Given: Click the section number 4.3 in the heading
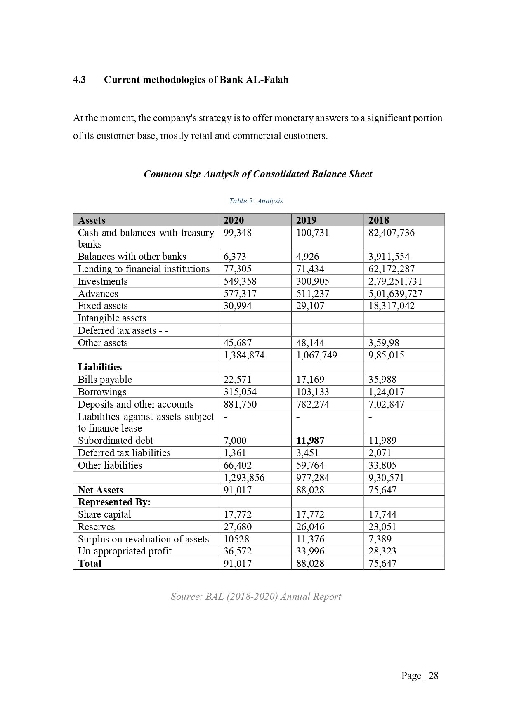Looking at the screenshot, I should click(79, 80).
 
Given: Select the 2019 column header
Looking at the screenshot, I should click(306, 220).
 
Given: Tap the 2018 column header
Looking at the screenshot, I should click(379, 220).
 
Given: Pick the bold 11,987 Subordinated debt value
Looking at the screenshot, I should click(310, 441).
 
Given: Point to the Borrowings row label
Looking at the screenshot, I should click(102, 392).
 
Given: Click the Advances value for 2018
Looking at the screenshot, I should click(395, 294).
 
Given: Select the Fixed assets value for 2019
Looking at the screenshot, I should click(310, 306).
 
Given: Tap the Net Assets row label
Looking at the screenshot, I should click(100, 490).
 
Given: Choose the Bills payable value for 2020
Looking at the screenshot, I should click(237, 380).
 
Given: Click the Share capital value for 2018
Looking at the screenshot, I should click(382, 514).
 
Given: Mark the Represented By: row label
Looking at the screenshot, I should click(114, 502).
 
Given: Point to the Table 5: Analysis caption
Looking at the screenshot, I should click(256, 201).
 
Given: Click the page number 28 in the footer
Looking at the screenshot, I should click(433, 676).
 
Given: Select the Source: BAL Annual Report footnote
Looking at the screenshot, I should click(256, 597).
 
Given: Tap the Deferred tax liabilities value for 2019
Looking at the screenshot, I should click(307, 453).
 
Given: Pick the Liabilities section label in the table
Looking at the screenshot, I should click(100, 367).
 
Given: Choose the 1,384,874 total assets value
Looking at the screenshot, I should click(243, 355).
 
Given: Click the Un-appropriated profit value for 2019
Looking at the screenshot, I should click(310, 551).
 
